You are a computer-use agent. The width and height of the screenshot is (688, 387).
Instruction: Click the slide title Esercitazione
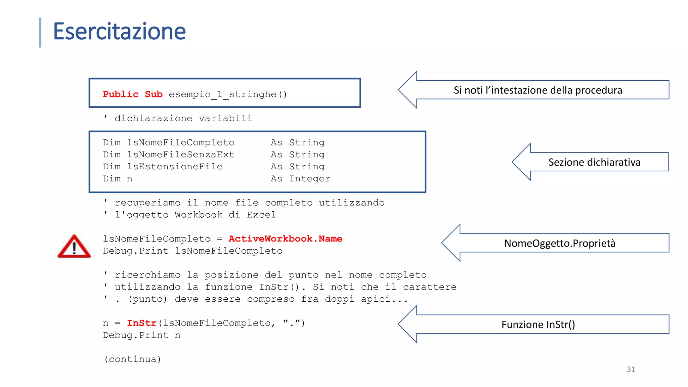[x=119, y=31]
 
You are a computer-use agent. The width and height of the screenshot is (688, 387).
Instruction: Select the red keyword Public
[x=121, y=94]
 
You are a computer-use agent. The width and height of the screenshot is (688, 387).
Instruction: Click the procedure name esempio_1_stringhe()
[x=228, y=94]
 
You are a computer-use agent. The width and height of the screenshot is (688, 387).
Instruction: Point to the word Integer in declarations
[x=310, y=179]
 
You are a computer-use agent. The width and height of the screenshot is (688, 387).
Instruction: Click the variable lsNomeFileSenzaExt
[x=180, y=155]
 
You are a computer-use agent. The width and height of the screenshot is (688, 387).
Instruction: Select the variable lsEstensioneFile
[x=175, y=167]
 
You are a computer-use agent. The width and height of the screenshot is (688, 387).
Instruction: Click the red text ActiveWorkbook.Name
[x=285, y=239]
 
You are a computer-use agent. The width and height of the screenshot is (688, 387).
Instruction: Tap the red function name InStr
[x=141, y=323]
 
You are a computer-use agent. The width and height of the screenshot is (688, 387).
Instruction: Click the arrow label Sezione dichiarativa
[x=594, y=162]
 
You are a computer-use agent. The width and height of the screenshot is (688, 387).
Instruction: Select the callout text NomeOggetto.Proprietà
[x=560, y=243]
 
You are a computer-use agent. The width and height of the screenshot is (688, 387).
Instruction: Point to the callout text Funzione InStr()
[x=538, y=325]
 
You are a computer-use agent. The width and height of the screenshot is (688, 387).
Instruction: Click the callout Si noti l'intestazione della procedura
[x=538, y=90]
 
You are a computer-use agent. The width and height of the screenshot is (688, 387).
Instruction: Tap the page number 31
[x=631, y=369]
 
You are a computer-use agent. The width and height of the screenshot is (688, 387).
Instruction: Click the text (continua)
[x=132, y=359]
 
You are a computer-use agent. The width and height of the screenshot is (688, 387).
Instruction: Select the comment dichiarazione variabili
[x=183, y=118]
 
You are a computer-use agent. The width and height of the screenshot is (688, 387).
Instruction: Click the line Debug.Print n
[x=141, y=335]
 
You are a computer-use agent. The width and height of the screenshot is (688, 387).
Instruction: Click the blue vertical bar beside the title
[x=40, y=32]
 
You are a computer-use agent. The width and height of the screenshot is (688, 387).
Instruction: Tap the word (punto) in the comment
[x=147, y=299]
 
